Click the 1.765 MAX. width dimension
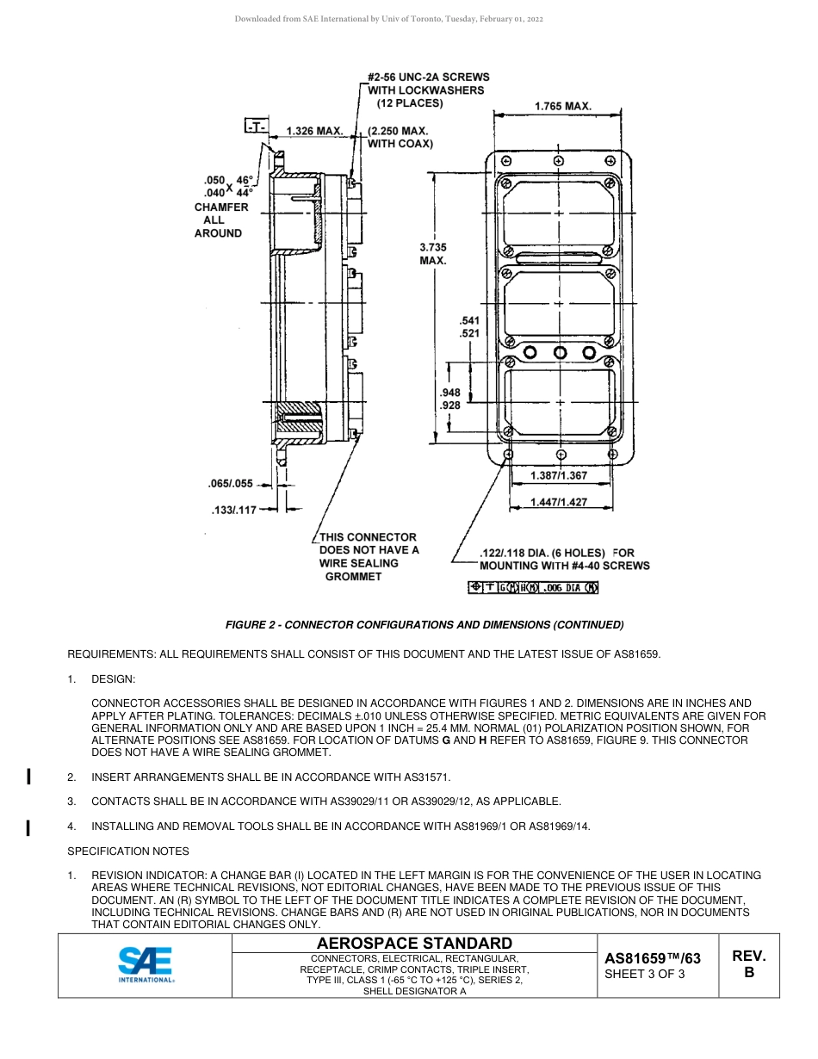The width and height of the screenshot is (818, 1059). tap(562, 106)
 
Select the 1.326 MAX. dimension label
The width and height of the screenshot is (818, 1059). tap(314, 131)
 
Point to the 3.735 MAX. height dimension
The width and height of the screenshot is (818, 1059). tap(433, 253)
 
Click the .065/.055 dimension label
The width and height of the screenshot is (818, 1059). tap(231, 484)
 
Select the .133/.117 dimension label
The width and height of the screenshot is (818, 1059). tap(234, 511)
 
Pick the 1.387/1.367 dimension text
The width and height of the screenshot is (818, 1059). tap(560, 475)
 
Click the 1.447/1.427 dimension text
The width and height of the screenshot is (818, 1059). tap(560, 502)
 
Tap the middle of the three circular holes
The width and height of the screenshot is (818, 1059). tap(560, 352)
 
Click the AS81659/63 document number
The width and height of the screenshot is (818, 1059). tap(653, 958)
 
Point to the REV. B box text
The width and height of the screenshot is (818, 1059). tap(748, 964)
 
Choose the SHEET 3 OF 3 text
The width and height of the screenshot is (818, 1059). tap(645, 975)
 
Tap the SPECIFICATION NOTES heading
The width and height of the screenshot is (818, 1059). tap(127, 852)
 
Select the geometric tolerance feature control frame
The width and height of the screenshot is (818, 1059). tap(533, 588)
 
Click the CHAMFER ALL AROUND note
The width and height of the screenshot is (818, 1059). tap(221, 220)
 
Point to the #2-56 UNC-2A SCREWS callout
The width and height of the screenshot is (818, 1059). tap(428, 90)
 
